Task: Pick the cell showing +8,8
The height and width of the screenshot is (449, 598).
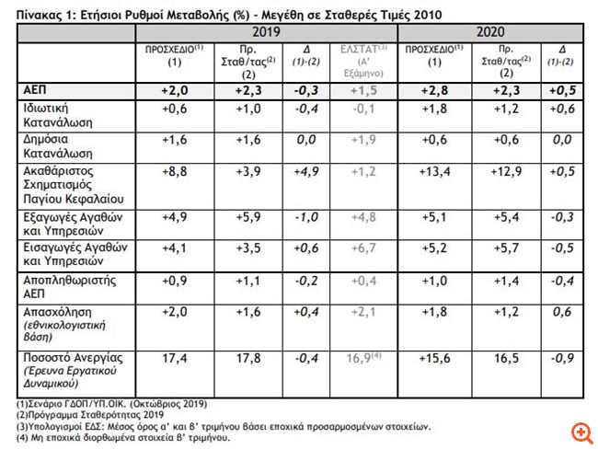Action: coord(175,171)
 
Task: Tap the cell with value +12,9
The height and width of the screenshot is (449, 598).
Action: coord(505,171)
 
